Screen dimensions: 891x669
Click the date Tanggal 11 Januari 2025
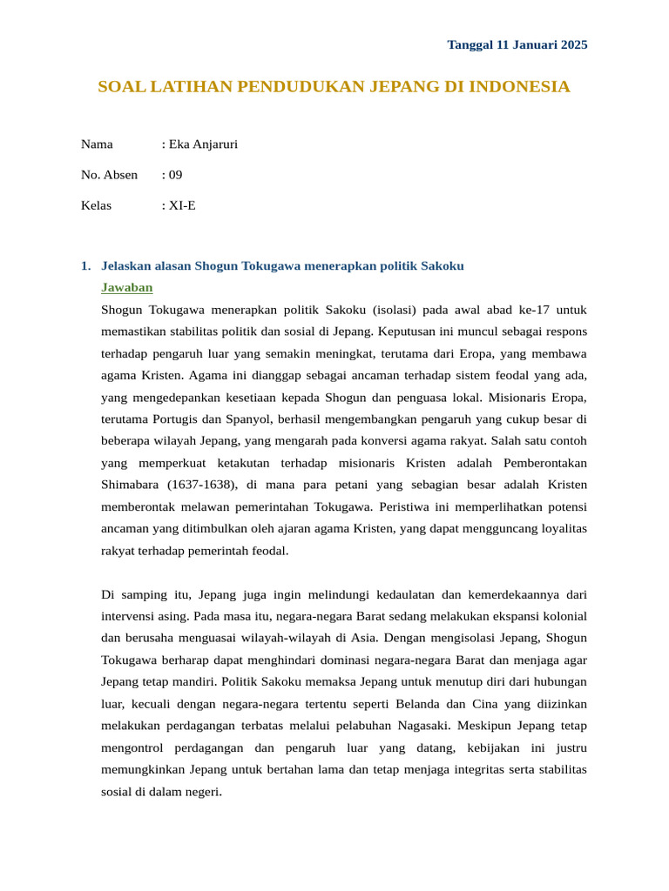pos(517,44)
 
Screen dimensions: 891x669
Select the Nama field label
pos(97,144)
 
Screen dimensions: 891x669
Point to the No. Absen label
pos(109,175)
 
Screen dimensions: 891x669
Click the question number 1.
pos(85,265)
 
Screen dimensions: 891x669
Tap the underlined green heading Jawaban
pos(127,287)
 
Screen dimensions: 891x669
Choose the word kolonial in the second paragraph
pos(562,616)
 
